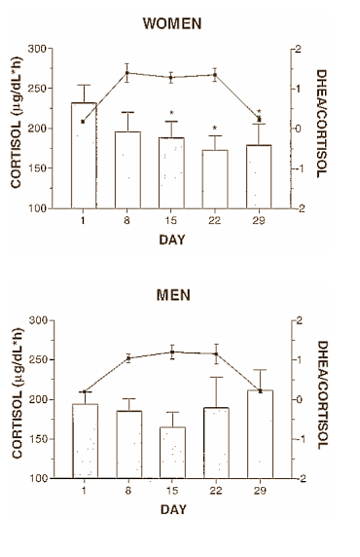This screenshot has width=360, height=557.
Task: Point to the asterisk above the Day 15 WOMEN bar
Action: [172, 112]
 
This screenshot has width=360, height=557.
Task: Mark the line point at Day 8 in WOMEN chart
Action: [127, 73]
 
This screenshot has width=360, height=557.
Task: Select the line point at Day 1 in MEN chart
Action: [85, 392]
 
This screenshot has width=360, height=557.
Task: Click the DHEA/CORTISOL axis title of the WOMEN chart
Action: [324, 128]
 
